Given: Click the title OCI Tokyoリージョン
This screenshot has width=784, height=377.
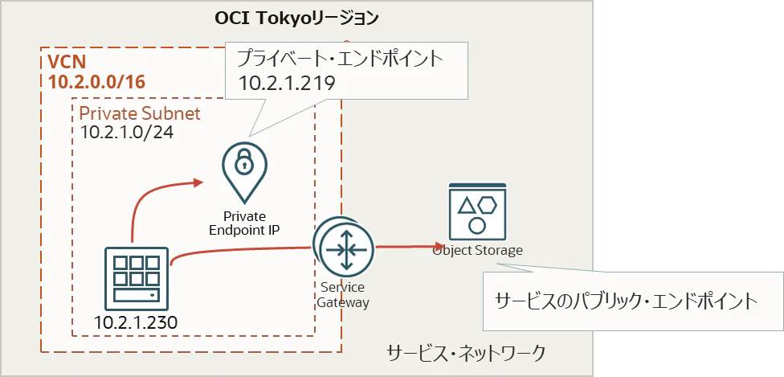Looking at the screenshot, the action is [x=296, y=18].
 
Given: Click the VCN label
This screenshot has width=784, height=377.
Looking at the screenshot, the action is [x=67, y=62].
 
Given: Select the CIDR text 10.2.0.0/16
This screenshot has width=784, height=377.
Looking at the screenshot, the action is [x=96, y=82].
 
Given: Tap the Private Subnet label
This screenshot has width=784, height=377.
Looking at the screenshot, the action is [x=140, y=113].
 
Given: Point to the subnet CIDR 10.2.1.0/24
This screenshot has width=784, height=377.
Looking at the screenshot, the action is [x=127, y=133].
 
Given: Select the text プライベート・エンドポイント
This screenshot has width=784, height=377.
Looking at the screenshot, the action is [x=340, y=59].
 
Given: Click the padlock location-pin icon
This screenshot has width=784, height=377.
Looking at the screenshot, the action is [x=244, y=171].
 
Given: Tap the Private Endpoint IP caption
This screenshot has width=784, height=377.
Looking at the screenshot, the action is [x=244, y=223].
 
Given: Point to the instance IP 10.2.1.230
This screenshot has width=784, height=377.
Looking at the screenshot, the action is [x=136, y=323].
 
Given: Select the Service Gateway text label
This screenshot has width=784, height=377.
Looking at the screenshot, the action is [x=345, y=295].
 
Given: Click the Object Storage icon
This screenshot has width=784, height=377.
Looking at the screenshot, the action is [x=477, y=211].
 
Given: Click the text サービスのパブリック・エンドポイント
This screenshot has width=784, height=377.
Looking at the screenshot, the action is [x=626, y=301].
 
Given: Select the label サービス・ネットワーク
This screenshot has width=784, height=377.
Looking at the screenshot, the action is [x=466, y=353].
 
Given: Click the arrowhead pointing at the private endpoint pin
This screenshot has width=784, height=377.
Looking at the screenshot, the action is [x=198, y=182].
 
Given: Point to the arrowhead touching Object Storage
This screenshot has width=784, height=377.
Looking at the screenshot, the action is [x=439, y=246].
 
